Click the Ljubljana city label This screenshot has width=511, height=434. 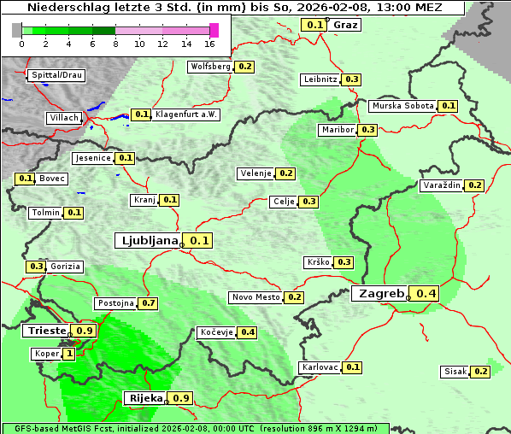click(x=147, y=241)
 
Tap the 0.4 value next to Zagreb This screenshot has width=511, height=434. click(x=426, y=294)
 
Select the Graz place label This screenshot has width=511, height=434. click(x=345, y=25)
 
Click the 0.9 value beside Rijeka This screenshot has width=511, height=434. click(x=181, y=398)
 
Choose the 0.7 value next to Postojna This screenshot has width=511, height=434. click(x=149, y=303)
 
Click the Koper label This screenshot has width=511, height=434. click(x=45, y=354)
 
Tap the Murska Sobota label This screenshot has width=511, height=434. click(x=402, y=106)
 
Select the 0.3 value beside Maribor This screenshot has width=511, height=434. click(x=367, y=130)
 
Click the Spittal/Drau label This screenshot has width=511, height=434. click(x=56, y=75)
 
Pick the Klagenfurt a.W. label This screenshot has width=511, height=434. click(x=186, y=114)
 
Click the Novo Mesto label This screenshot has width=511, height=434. click(x=255, y=297)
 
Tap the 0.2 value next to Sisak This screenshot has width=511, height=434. click(x=480, y=372)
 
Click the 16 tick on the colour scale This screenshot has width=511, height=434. click(x=210, y=43)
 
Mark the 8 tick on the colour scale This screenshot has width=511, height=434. click(x=115, y=43)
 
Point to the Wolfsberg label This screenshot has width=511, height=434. click(x=210, y=67)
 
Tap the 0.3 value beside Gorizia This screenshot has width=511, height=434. click(x=36, y=267)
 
